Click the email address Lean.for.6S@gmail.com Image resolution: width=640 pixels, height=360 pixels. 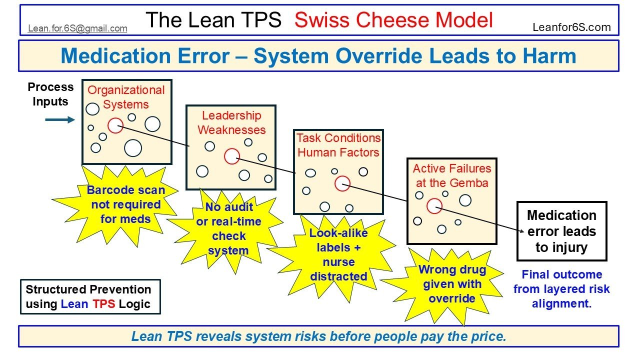tap(77, 28)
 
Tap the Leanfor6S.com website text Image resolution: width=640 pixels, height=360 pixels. tap(571, 27)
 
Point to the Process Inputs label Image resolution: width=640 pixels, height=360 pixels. tap(50, 94)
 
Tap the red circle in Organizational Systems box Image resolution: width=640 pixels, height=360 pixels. tap(115, 125)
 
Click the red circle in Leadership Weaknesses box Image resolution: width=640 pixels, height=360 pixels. tap(231, 156)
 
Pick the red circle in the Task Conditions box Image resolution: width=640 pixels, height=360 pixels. tap(342, 183)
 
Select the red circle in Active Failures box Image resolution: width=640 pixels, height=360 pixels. tap(434, 205)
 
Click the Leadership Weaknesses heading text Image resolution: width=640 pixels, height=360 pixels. tap(231, 122)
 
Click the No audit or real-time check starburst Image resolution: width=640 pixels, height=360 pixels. tap(228, 229)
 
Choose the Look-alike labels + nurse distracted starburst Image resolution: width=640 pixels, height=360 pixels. tap(338, 254)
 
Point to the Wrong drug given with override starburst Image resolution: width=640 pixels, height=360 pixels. tap(452, 284)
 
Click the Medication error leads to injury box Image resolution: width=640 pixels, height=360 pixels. tap(561, 231)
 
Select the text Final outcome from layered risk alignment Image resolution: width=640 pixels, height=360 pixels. tap(561, 289)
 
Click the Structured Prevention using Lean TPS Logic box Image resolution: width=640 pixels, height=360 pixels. tap(90, 296)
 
